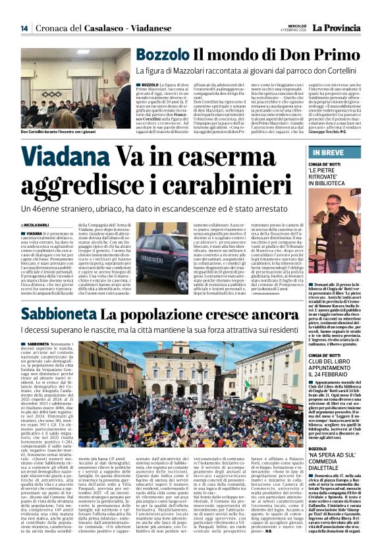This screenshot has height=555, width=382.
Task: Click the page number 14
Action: click(x=24, y=28)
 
